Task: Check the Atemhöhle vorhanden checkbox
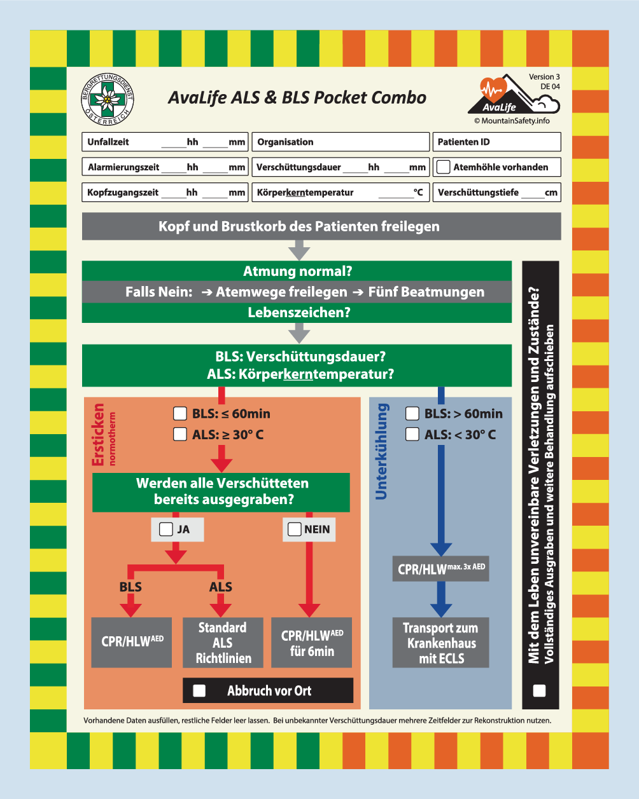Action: tap(444, 167)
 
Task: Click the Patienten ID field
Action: tap(497, 142)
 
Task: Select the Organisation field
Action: tap(341, 142)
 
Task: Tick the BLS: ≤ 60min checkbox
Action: tap(180, 414)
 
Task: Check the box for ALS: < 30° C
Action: tap(412, 434)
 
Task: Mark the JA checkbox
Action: tap(165, 529)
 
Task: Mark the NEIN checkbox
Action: tap(294, 529)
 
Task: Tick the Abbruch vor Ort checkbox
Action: tap(199, 691)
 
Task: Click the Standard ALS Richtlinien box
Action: tap(223, 643)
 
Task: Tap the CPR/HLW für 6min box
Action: tap(312, 643)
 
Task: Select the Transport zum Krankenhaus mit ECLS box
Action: tap(440, 643)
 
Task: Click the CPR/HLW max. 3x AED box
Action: tap(440, 568)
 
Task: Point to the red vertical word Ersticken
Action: tap(98, 435)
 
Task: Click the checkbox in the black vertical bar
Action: tap(539, 691)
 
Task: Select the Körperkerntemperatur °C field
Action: tap(341, 193)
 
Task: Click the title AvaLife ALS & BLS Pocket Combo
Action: tap(297, 98)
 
